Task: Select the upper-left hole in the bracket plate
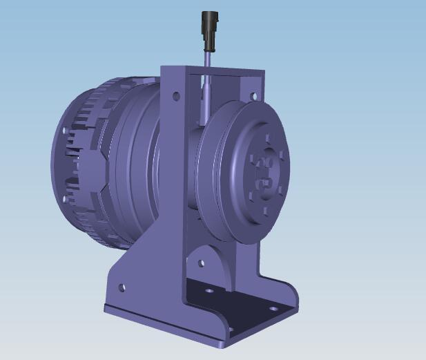(x=175, y=95)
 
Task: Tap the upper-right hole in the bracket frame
(x=253, y=96)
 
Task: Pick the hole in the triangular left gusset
(x=122, y=287)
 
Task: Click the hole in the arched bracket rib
(x=201, y=263)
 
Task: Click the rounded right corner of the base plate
(x=293, y=299)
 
